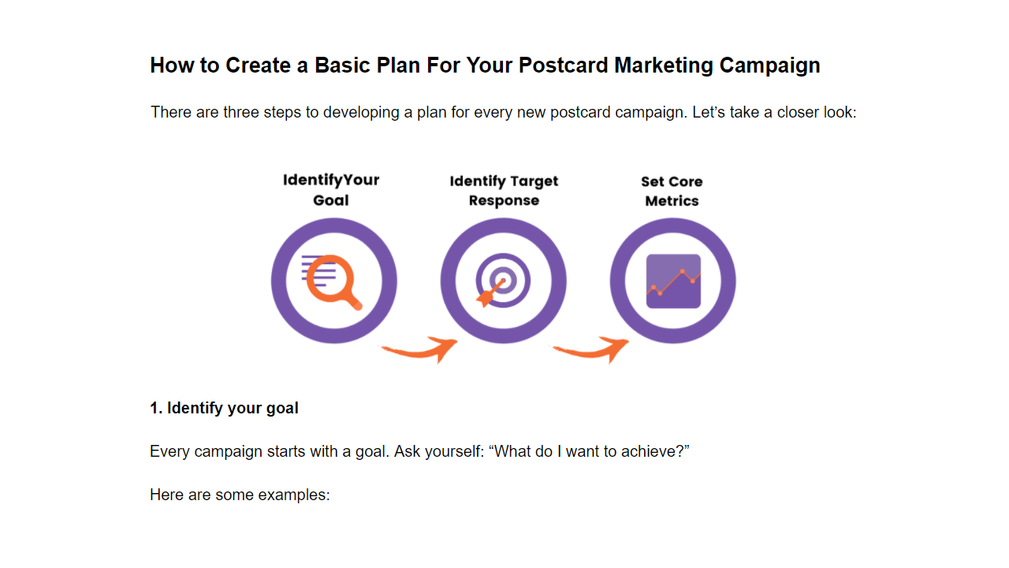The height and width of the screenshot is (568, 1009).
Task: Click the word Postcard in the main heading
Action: coord(563,65)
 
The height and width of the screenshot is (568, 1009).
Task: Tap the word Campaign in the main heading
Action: coord(770,66)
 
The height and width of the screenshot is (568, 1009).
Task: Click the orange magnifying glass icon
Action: coord(333,282)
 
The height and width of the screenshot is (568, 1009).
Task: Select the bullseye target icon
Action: coord(503,280)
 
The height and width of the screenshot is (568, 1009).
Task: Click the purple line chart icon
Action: coord(673,282)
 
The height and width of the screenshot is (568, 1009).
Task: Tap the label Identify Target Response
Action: coord(504,191)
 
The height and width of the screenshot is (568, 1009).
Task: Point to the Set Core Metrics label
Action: coord(672,191)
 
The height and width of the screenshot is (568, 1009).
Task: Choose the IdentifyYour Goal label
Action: coord(331,190)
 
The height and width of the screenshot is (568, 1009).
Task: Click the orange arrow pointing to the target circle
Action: coord(421,351)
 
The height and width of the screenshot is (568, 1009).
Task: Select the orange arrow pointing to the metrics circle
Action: coord(592,351)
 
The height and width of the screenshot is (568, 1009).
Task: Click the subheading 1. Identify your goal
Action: coord(224,409)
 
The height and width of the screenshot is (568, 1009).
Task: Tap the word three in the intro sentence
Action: coord(241,112)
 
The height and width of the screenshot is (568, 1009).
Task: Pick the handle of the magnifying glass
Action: coord(353,301)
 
